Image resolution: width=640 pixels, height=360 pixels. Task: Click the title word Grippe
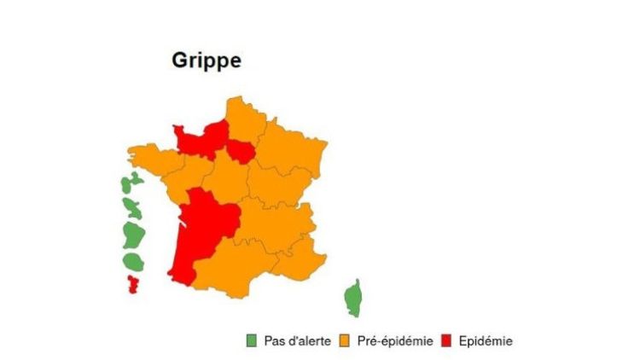point(207,61)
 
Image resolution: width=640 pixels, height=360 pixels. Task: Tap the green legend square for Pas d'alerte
point(251,341)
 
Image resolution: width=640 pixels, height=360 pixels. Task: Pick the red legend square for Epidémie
point(449,341)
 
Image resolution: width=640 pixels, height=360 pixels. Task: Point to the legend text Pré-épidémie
point(393,341)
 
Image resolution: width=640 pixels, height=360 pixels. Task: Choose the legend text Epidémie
point(486,341)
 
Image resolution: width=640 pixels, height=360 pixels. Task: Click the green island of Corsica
point(352,299)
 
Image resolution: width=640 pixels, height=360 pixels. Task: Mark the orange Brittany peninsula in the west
point(154,160)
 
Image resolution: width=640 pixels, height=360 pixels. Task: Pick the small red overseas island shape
point(133,283)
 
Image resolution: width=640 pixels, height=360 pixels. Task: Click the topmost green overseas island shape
point(130,183)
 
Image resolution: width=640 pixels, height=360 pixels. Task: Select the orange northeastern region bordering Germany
point(294,149)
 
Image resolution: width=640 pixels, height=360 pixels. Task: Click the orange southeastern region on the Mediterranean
point(299,260)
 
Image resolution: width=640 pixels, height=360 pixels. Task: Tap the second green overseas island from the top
point(132,206)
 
